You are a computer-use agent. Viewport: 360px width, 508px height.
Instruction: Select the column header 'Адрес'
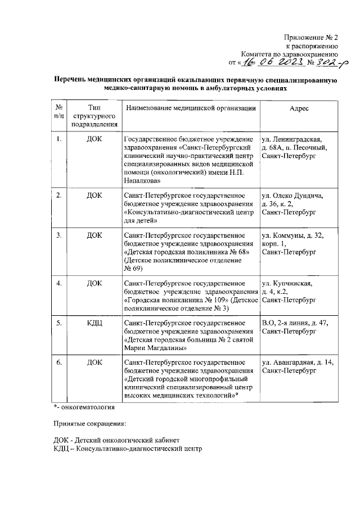pos(298,108)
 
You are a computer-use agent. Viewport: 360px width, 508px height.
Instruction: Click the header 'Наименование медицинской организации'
pos(191,108)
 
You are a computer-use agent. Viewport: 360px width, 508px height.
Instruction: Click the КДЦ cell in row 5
pos(94,323)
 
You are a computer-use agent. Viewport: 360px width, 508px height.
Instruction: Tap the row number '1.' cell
pos(58,139)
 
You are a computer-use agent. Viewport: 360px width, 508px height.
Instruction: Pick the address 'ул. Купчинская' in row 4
pos(287,283)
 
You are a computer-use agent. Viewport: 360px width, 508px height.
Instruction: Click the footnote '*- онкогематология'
pos(84,406)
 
